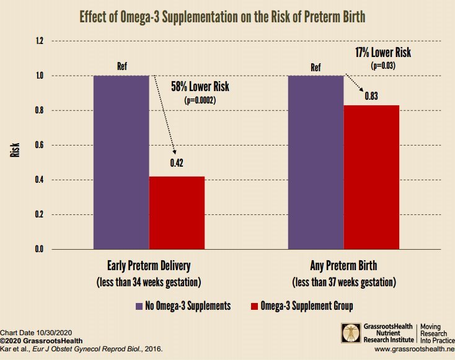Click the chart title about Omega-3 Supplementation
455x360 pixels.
pyautogui.click(x=227, y=15)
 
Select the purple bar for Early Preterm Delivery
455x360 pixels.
pyautogui.click(x=121, y=162)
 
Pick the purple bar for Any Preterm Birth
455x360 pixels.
pyautogui.click(x=316, y=162)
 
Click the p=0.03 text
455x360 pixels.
pyautogui.click(x=382, y=65)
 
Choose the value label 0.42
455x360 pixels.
pyautogui.click(x=177, y=165)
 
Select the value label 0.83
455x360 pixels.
pyautogui.click(x=371, y=95)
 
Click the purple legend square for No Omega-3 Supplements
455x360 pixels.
pyautogui.click(x=139, y=305)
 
